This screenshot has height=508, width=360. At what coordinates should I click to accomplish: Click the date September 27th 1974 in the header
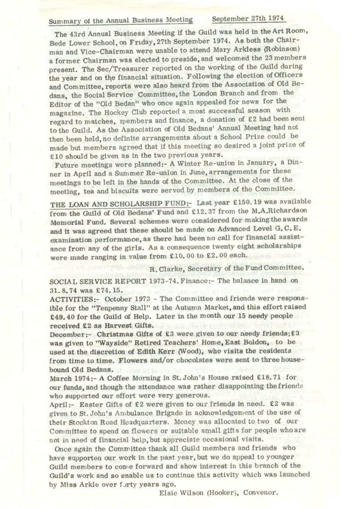(248, 19)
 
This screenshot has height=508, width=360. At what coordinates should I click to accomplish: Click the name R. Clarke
(169, 268)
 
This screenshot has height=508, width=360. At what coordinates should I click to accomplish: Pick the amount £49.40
(63, 317)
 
